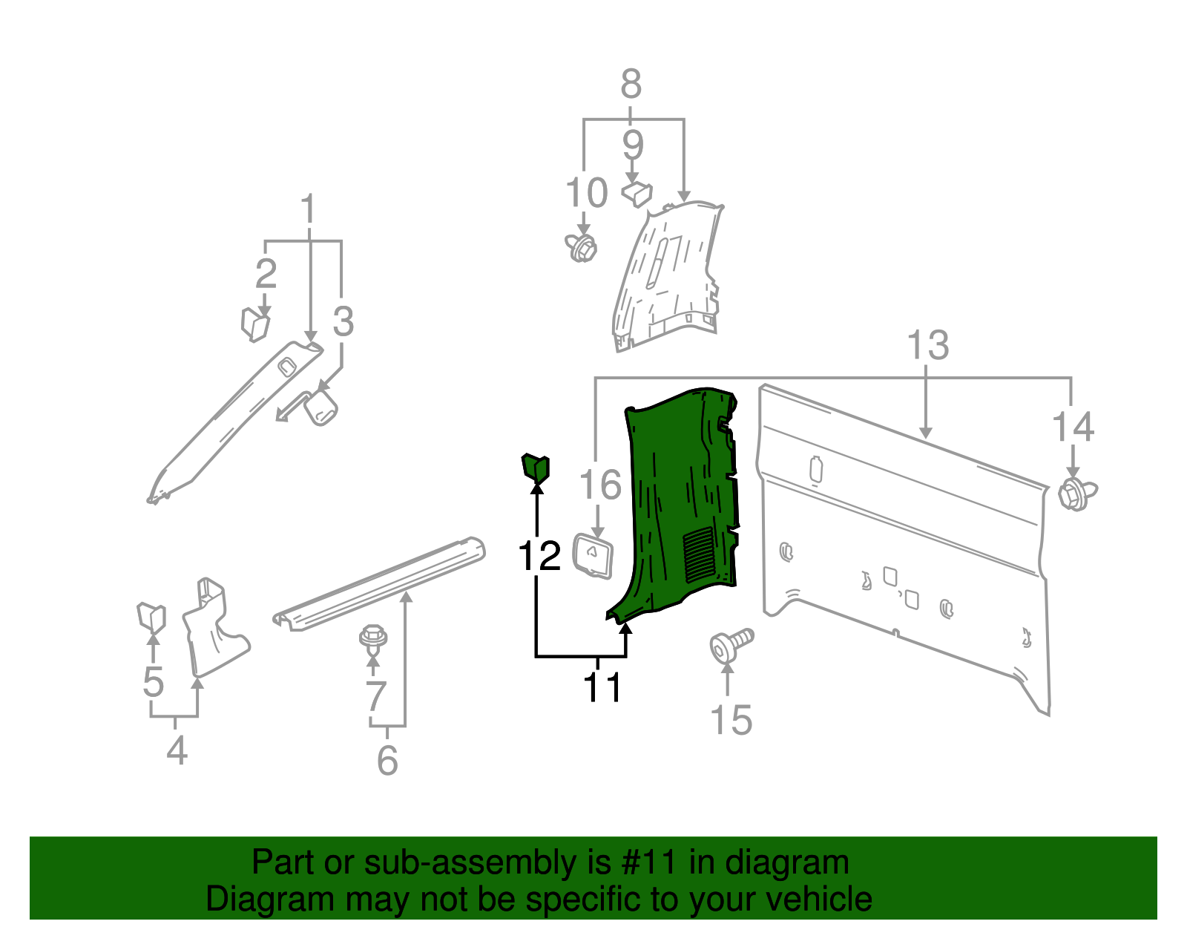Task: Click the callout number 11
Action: [602, 687]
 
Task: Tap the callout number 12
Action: [539, 556]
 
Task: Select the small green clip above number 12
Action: [536, 468]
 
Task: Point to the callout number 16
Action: [599, 485]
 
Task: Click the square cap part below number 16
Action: [593, 555]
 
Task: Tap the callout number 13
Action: [928, 345]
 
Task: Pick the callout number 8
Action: [631, 84]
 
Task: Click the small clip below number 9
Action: [637, 194]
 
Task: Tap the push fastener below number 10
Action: [581, 247]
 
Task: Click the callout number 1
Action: [308, 210]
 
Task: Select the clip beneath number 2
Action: [254, 324]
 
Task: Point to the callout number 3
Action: [343, 321]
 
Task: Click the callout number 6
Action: [387, 760]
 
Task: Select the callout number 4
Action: [177, 751]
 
